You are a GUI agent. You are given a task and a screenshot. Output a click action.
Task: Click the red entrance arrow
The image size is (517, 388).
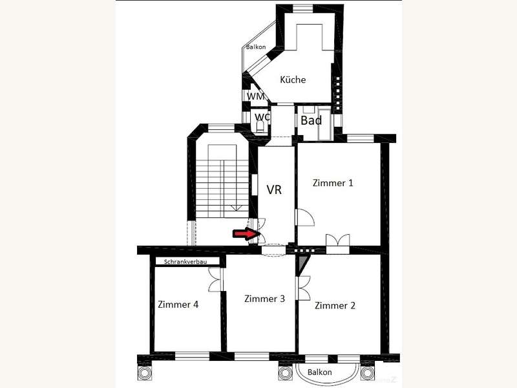(244, 234)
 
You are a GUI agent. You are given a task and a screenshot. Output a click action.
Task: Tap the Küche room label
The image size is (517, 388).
(293, 80)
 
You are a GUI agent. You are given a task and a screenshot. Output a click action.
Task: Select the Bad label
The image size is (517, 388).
(311, 120)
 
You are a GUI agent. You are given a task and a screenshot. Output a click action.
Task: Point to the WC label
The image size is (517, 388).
(262, 117)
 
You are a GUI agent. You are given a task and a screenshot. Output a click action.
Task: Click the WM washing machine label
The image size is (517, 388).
(256, 96)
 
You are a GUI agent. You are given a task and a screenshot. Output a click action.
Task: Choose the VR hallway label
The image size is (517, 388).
(274, 189)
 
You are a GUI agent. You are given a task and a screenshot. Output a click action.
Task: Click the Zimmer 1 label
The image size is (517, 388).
(333, 183)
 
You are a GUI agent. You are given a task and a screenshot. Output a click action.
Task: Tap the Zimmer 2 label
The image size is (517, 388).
(335, 305)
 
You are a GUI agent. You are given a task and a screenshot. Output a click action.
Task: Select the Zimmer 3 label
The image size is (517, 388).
(264, 299)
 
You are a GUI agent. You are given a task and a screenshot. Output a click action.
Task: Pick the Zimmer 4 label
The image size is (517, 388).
(178, 304)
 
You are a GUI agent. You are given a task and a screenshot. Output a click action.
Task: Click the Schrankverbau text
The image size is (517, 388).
(185, 262)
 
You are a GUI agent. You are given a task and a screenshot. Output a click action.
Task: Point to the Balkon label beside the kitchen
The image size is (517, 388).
(256, 47)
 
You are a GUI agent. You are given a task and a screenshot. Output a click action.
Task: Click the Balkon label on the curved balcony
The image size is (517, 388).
(319, 372)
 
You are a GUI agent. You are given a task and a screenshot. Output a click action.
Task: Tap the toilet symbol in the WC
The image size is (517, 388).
(260, 127)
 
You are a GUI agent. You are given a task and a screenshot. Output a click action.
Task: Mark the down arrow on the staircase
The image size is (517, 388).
(235, 208)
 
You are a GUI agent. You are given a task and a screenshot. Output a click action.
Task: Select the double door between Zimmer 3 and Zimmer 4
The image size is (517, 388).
(216, 279)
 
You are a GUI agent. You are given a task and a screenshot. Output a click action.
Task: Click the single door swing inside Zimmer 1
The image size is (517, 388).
(306, 217)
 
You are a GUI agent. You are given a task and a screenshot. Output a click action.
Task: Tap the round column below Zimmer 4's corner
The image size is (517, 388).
(144, 373)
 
